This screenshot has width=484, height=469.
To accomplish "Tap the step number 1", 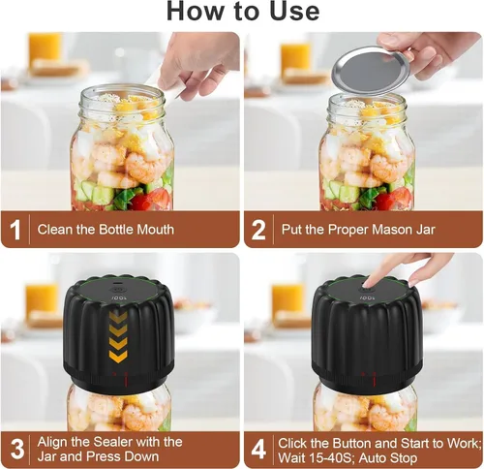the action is [x=15, y=230].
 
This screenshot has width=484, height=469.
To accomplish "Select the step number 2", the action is [x=258, y=230].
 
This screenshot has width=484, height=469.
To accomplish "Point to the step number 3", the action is [x=16, y=449].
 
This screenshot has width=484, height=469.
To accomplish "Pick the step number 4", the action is [x=258, y=449].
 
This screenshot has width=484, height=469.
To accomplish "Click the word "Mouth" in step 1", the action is [x=156, y=230].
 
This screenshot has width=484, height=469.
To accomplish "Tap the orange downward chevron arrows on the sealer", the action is [x=118, y=337].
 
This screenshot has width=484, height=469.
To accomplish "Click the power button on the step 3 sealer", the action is [x=116, y=288].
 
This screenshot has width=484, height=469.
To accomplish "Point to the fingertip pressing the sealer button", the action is [x=367, y=284].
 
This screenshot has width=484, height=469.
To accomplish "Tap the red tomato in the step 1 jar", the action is [x=151, y=200].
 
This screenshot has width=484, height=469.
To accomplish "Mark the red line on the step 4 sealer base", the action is [x=375, y=379].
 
